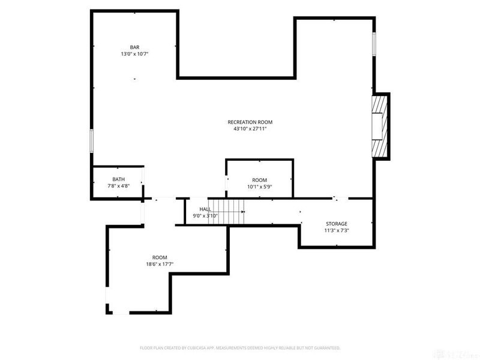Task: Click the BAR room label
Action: (x=135, y=47)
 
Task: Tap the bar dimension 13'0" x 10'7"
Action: (x=135, y=54)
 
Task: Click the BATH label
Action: (x=118, y=179)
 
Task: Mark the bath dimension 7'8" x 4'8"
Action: (x=118, y=186)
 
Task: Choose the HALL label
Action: (x=205, y=209)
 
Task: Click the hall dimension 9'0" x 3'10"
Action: (x=205, y=215)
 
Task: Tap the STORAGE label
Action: (x=337, y=224)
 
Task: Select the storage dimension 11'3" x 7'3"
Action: (x=337, y=230)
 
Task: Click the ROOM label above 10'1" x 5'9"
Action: (x=259, y=180)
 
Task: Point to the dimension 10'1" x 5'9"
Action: (x=259, y=187)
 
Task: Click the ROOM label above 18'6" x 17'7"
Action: (x=159, y=257)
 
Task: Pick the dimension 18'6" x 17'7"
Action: (x=159, y=263)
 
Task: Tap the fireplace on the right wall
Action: (x=380, y=125)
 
